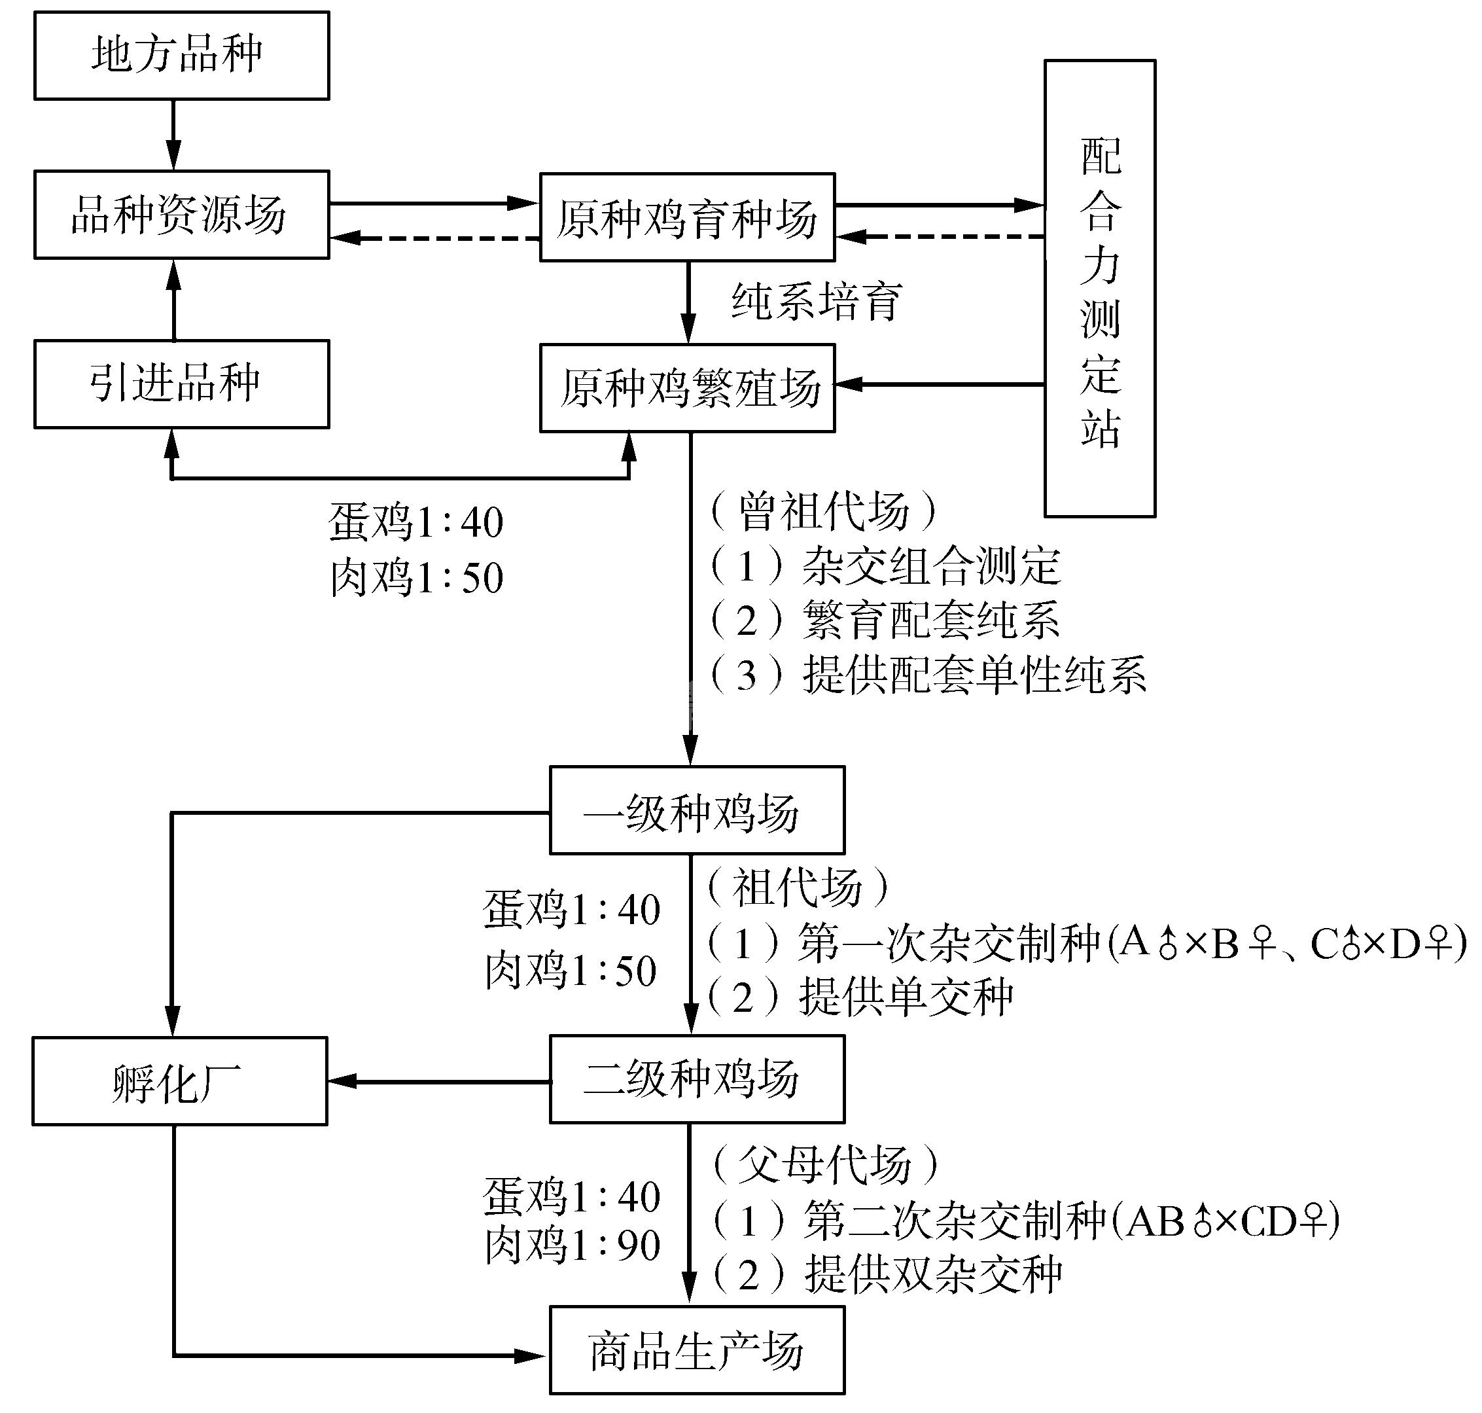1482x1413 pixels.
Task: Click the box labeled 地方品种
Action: point(181,55)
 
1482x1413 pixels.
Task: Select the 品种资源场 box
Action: point(181,215)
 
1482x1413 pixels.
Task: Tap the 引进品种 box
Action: point(181,384)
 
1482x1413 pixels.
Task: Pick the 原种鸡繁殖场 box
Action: point(687,388)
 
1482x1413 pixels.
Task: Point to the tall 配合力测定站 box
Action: point(1099,289)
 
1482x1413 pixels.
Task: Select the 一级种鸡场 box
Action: point(697,810)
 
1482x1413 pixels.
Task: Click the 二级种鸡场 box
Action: point(697,1079)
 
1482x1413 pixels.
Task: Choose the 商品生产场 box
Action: point(697,1350)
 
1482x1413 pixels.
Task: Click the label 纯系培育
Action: point(817,302)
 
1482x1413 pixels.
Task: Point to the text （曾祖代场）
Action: point(824,510)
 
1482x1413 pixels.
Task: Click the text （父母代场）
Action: point(825,1164)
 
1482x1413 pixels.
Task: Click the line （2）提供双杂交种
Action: point(887,1274)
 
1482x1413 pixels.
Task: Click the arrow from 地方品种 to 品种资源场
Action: point(174,134)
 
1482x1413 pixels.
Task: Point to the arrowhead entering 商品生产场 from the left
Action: point(530,1357)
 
